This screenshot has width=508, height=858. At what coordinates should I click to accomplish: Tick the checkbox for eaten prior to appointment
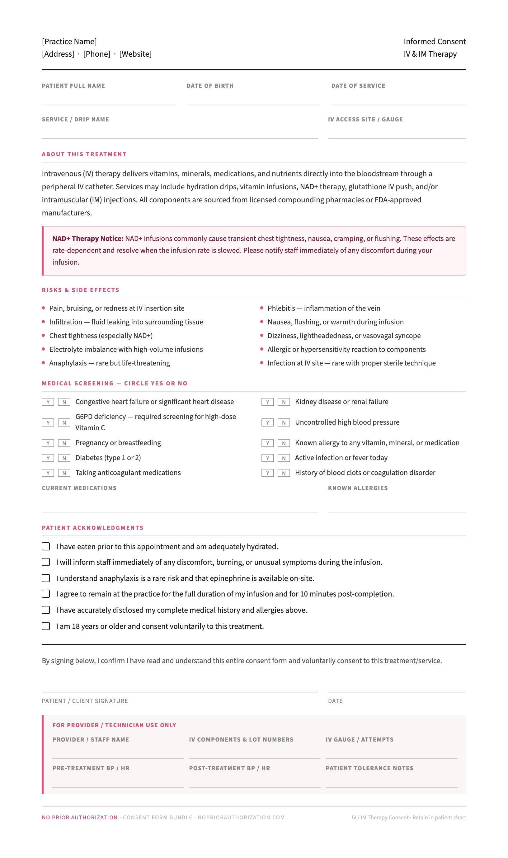[46, 546]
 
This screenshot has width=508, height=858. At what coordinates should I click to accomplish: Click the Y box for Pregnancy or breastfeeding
[48, 443]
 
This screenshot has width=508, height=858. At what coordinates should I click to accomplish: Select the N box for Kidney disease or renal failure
[284, 402]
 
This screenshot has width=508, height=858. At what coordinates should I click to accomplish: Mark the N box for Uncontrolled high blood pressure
[284, 422]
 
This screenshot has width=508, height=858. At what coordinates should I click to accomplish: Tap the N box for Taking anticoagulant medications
[64, 473]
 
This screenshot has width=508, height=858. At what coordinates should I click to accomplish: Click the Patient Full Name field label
[73, 86]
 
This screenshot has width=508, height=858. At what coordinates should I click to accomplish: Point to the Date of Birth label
[210, 86]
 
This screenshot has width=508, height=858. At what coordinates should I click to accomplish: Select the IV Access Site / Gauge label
[365, 120]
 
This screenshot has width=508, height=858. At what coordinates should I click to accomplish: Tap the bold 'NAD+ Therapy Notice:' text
[88, 239]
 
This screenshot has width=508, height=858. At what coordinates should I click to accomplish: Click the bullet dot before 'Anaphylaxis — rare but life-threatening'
[44, 363]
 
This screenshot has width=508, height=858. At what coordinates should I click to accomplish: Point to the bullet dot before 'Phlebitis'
[262, 308]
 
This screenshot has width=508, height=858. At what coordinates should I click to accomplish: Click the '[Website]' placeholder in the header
[135, 54]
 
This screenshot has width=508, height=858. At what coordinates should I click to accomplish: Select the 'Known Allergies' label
[358, 488]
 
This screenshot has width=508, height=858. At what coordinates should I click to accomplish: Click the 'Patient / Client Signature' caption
[85, 701]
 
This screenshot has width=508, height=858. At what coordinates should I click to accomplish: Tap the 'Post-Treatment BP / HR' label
[230, 768]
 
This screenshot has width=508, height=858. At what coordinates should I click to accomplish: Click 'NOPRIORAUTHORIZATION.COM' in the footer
[241, 818]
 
